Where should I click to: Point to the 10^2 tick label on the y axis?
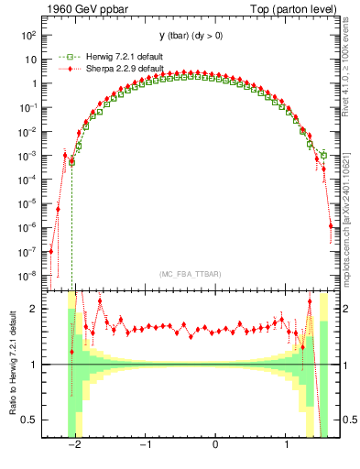29,35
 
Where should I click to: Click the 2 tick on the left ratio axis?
34,309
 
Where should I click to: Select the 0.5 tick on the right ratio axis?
348,420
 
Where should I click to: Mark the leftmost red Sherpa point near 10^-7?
51,251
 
